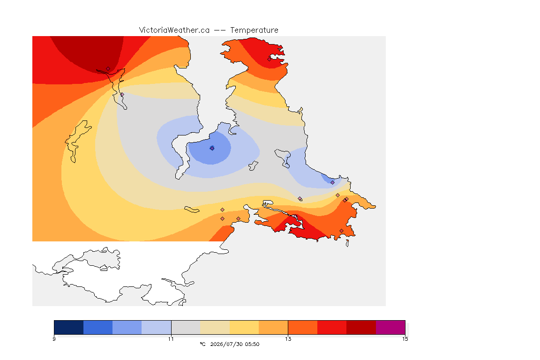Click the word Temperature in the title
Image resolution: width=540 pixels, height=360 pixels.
click(x=254, y=30)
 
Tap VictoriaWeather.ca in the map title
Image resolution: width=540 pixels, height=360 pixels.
click(x=174, y=30)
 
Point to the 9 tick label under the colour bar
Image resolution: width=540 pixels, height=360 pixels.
click(x=54, y=339)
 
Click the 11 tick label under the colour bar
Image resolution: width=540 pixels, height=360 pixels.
click(x=171, y=339)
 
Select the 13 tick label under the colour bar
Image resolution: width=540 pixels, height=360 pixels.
click(x=288, y=339)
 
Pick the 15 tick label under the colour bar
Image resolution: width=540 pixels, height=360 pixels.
click(x=405, y=339)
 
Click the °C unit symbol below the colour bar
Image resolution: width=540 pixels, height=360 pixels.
click(x=203, y=344)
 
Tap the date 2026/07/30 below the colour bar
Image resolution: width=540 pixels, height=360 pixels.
click(x=226, y=344)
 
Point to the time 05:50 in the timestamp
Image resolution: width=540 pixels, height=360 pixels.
click(x=252, y=344)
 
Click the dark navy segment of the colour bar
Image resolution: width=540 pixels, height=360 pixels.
click(x=69, y=327)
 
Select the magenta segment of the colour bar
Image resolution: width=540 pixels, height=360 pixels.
click(x=390, y=327)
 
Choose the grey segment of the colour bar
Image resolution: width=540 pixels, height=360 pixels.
click(x=186, y=327)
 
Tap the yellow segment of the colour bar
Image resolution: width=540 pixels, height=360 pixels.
click(x=244, y=327)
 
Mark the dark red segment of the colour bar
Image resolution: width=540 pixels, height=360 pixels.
click(x=361, y=327)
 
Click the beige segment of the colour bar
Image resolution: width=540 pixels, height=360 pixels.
click(x=215, y=327)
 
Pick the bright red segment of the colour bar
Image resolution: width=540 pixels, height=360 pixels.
click(x=332, y=327)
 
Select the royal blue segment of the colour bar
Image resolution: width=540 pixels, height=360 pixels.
click(x=98, y=327)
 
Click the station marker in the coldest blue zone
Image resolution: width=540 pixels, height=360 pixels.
click(x=212, y=148)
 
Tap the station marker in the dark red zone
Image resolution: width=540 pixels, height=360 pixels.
click(x=108, y=69)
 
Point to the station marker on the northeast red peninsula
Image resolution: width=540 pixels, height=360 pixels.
click(x=270, y=59)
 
